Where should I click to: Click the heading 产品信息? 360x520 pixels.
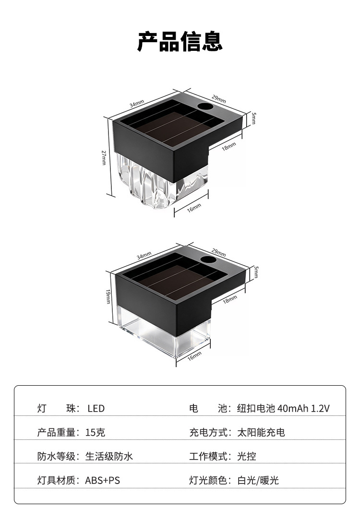(180, 41)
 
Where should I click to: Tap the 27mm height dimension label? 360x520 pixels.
(104, 157)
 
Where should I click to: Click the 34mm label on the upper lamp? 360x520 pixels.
(136, 104)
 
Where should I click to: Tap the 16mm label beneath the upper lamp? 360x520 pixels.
(194, 208)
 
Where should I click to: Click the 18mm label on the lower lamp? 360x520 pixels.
(230, 299)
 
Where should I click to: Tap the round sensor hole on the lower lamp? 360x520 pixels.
(208, 260)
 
